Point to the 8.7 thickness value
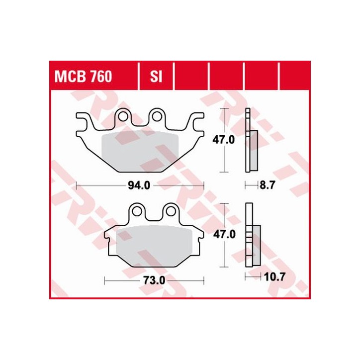267,185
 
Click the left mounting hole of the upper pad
122,117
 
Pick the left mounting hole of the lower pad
136,211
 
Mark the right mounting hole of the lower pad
172,211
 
